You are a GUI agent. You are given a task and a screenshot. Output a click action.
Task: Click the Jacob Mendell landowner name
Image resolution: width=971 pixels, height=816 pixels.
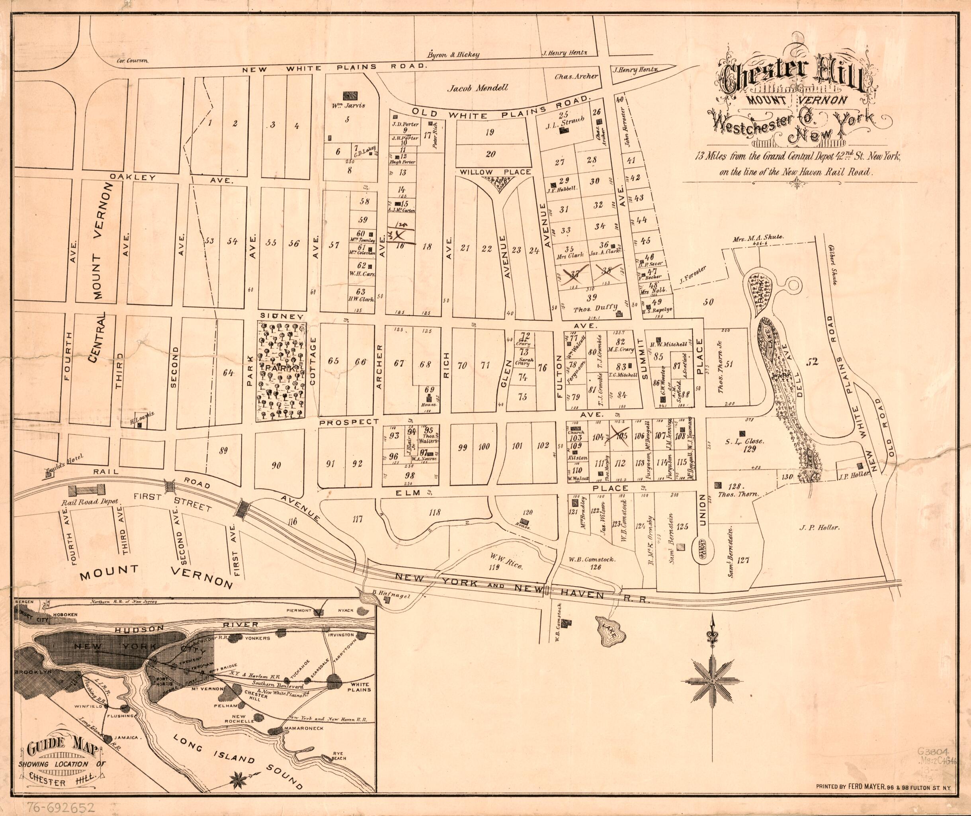click(x=485, y=88)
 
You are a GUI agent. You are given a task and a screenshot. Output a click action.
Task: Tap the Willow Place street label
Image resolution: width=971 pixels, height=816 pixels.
click(x=495, y=172)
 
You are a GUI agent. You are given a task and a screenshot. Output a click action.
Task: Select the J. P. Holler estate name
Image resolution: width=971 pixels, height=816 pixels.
click(x=821, y=527)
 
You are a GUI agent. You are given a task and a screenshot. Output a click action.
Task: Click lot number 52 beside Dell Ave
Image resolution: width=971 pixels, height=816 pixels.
click(x=813, y=362)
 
